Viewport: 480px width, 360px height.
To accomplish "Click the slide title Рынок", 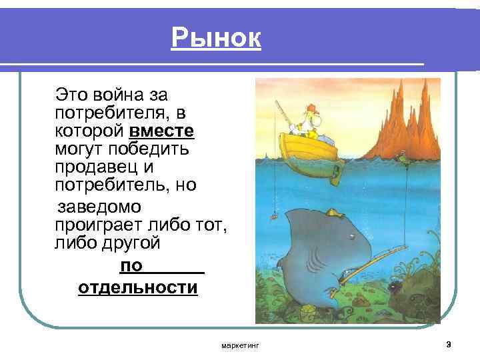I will point(215,38).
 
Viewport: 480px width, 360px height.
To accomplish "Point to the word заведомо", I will point(98,207).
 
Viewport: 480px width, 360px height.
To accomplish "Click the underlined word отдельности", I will point(138,288).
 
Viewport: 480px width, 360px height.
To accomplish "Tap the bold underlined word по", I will point(131,266).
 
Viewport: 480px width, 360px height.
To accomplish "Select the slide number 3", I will point(448,344).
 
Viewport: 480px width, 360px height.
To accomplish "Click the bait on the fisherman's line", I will point(272,216).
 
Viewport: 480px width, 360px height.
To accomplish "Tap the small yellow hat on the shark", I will point(331,213).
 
